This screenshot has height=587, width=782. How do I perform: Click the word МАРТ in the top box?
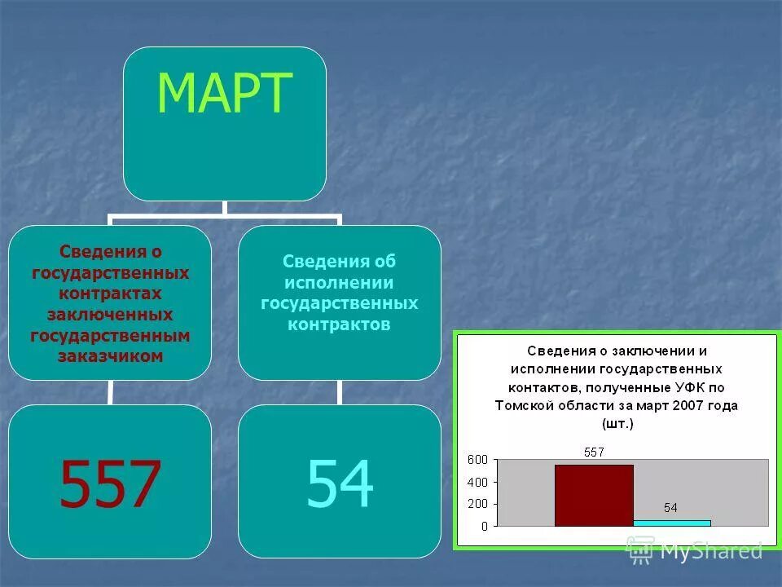[224, 94]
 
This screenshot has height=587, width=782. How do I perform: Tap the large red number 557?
[110, 483]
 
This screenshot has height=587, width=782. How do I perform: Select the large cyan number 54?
[340, 483]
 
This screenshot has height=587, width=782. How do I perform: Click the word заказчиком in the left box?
[110, 356]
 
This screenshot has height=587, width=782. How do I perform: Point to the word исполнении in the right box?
[339, 282]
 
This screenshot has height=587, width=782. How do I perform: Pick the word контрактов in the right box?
[339, 324]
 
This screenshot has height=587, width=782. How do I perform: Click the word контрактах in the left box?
[110, 293]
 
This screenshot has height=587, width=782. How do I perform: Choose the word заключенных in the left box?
[110, 314]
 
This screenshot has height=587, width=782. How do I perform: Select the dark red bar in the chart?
[593, 495]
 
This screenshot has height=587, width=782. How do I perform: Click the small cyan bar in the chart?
[671, 523]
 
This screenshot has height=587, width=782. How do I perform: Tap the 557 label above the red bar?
[594, 452]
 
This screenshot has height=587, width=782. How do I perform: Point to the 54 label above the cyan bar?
[670, 507]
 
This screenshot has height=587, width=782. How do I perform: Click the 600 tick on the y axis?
[477, 460]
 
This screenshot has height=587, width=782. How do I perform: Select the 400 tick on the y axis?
[477, 482]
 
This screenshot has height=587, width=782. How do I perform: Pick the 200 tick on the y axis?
[477, 504]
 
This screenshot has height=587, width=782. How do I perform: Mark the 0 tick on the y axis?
[484, 526]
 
